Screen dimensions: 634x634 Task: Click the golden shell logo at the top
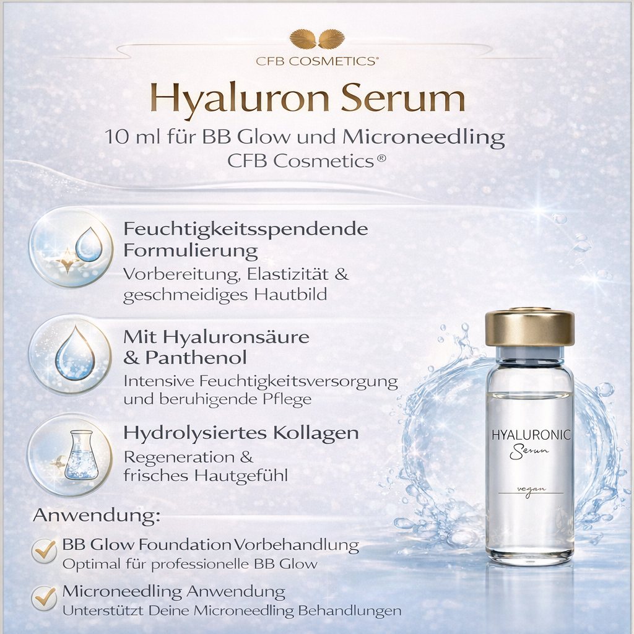[x=317, y=39]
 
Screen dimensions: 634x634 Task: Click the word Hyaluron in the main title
[x=235, y=100]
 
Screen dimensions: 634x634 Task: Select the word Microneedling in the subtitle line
[x=423, y=137]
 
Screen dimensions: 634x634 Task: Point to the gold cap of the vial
[x=529, y=328]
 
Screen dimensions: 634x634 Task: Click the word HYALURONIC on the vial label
[x=531, y=435]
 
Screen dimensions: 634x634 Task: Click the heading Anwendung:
[x=97, y=516]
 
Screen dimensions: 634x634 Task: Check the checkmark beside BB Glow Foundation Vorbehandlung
[x=45, y=549]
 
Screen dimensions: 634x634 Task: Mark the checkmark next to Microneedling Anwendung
[x=45, y=597]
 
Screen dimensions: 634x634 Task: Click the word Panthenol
[x=196, y=358]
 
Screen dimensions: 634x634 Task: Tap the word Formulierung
[x=191, y=251]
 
